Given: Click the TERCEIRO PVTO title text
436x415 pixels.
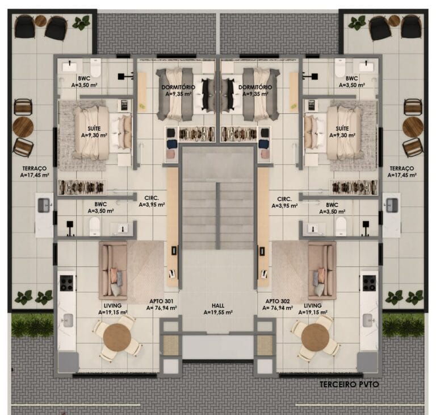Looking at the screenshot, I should point(349,385).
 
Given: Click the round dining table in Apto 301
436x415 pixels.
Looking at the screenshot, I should point(117,338).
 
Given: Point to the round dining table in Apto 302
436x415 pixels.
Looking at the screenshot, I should point(315,338).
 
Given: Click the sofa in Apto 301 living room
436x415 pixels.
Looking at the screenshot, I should point(112,270).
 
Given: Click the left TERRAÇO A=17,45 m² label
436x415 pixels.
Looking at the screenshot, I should point(35,172).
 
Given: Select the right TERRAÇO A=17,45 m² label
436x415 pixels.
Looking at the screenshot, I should point(402,172).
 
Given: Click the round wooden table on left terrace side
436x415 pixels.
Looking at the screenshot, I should point(23,127).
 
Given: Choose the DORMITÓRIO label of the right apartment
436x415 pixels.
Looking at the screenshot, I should point(255,90).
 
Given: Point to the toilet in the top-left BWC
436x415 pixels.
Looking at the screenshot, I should point(95,68).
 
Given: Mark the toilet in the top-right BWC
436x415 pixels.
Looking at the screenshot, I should point(340,68).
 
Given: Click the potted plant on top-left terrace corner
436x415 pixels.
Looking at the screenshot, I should point(81,23).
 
